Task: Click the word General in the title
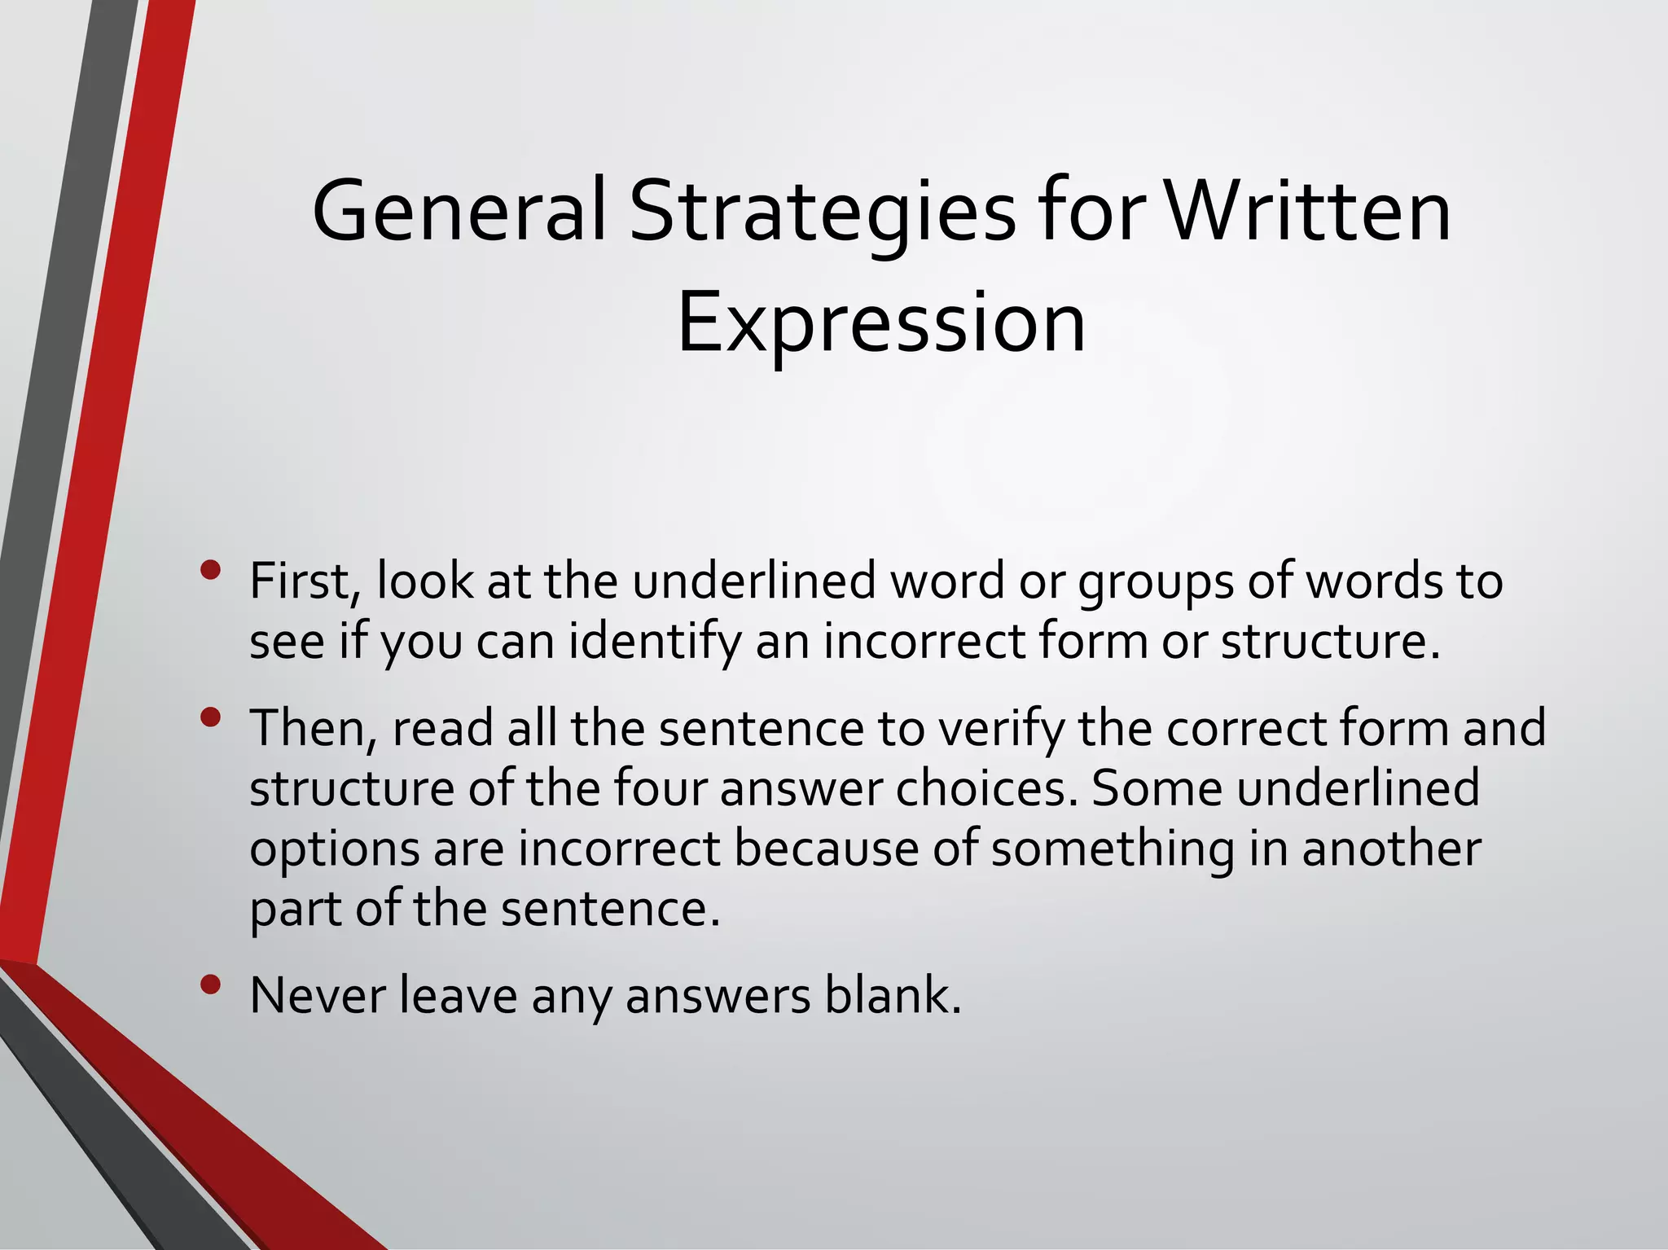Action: coord(459,211)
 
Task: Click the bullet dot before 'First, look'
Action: coord(210,569)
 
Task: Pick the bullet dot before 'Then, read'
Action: coord(210,717)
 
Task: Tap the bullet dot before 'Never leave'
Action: coord(210,985)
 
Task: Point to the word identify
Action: coord(655,642)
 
